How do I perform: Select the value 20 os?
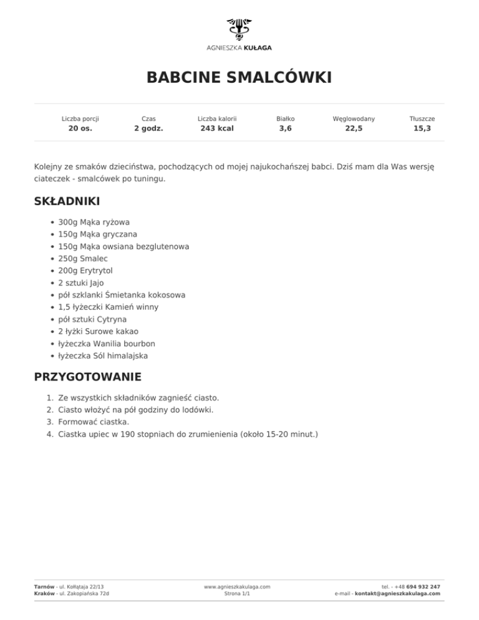click(x=80, y=129)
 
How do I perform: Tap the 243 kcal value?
click(x=216, y=129)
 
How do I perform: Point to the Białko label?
click(x=285, y=118)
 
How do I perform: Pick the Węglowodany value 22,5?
click(x=354, y=129)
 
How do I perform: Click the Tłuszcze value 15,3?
click(x=422, y=129)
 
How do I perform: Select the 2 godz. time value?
click(x=148, y=129)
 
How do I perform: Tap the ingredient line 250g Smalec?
click(x=83, y=258)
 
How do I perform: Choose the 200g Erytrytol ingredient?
click(x=85, y=271)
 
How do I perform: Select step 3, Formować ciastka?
click(x=94, y=422)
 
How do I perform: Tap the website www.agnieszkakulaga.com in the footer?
click(x=237, y=587)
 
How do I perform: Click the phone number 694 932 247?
click(x=423, y=587)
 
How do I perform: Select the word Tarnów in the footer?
click(x=44, y=587)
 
